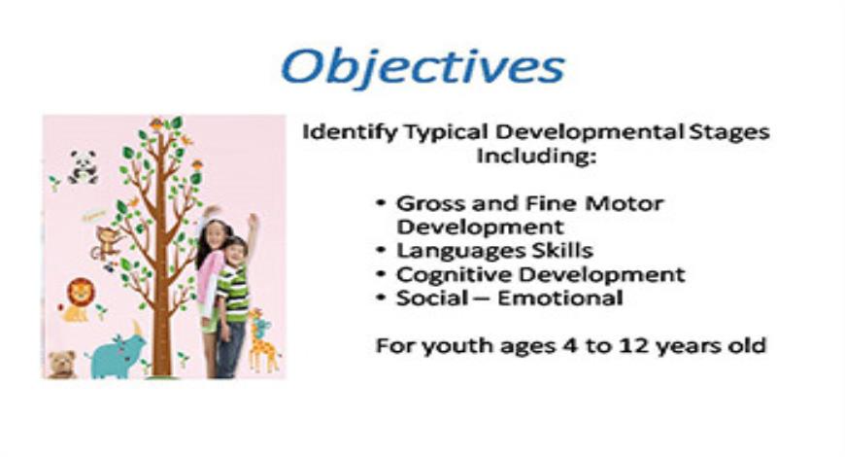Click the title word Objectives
coord(422,67)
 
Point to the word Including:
coord(535,156)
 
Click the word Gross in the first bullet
coord(428,204)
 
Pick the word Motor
coord(627,204)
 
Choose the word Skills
coord(557,251)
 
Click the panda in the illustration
coord(83,166)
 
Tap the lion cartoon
coord(77,298)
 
